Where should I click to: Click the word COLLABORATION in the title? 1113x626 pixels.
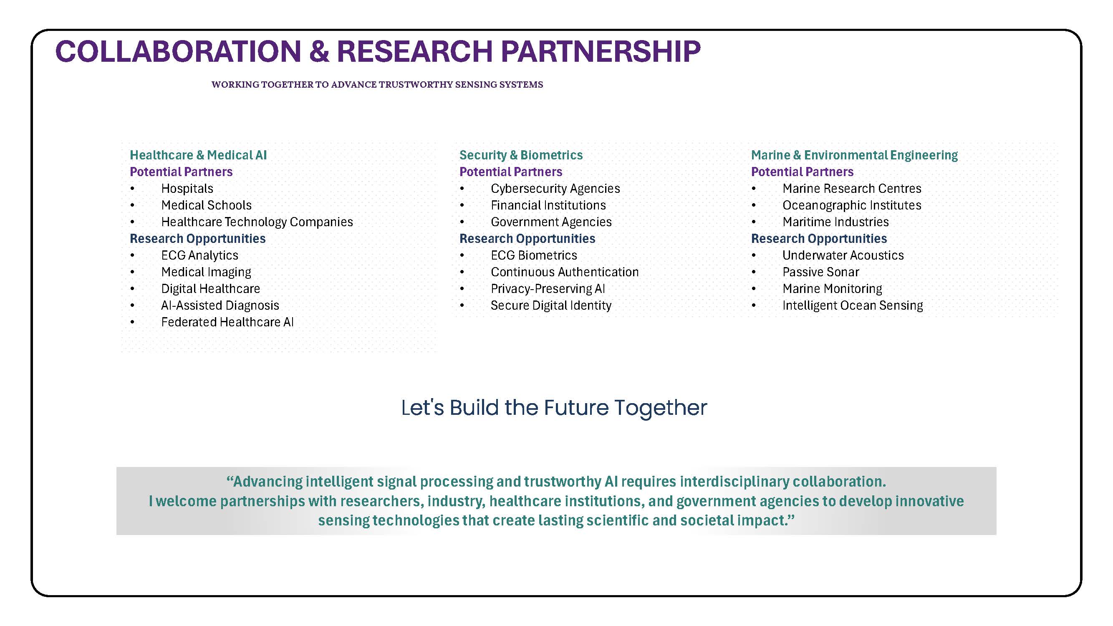[x=179, y=51]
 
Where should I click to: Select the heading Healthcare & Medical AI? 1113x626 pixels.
[x=198, y=155]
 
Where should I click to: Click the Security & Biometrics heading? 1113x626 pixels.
[x=521, y=155]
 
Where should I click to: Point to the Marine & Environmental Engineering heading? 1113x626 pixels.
[x=854, y=155]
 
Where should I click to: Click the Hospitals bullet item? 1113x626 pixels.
[x=187, y=189]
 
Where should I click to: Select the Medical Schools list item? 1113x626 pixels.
[x=206, y=205]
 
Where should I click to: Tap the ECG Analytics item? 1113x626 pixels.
[x=199, y=255]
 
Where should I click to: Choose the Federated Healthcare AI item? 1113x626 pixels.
[x=227, y=322]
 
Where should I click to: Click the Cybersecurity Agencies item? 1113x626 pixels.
[x=555, y=189]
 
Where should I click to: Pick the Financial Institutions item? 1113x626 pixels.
[x=548, y=205]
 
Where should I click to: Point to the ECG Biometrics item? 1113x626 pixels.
[x=534, y=255]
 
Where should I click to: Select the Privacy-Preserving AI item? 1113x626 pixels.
[x=548, y=289]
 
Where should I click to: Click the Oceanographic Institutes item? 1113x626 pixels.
[x=852, y=205]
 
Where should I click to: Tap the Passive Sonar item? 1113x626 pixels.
[x=820, y=272]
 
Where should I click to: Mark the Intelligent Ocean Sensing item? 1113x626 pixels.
[x=853, y=305]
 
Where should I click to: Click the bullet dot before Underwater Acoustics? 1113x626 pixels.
[x=754, y=256]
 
